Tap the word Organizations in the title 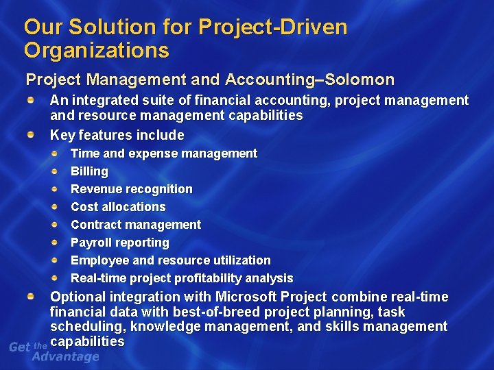click(96, 50)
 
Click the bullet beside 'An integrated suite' click(32, 101)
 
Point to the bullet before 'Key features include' click(32, 135)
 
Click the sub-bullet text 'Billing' click(89, 171)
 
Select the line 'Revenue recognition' click(132, 189)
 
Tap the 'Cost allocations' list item click(118, 207)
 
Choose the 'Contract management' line click(136, 225)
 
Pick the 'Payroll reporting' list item click(119, 243)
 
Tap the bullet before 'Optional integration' click(32, 297)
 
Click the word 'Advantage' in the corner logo click(66, 356)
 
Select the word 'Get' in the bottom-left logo click(19, 347)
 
